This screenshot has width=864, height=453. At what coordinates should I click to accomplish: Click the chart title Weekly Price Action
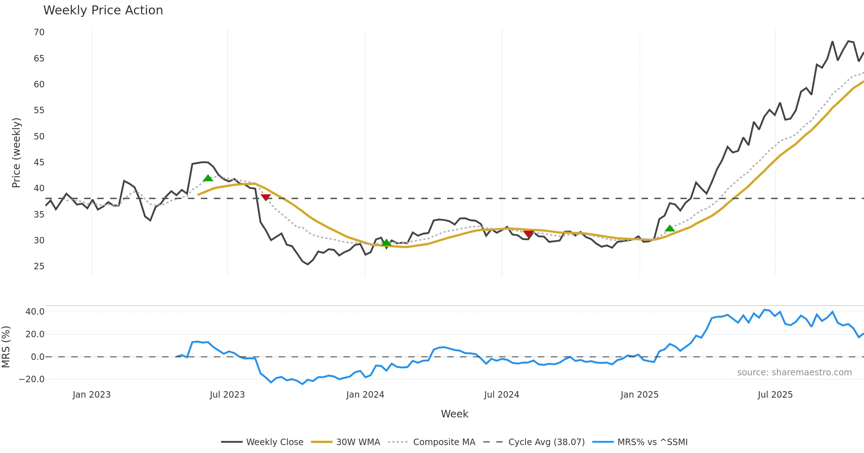[103, 10]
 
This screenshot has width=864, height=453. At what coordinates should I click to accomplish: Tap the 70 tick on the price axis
[39, 32]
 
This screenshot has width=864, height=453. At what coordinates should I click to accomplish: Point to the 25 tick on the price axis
[39, 266]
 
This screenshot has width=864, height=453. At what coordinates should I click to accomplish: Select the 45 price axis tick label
[39, 163]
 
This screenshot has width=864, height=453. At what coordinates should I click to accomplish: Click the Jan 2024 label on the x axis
[365, 395]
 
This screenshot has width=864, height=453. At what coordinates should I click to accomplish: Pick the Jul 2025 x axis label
[775, 395]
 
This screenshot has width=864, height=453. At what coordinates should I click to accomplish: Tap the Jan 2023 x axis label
[91, 395]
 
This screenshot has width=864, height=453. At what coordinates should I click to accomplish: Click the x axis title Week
[454, 414]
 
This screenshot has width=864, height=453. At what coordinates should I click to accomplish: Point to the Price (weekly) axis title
[17, 153]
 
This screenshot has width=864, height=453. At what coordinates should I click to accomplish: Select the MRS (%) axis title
[6, 347]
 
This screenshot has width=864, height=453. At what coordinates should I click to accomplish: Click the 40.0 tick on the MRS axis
[35, 312]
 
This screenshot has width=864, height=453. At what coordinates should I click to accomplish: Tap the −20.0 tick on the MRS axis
[32, 379]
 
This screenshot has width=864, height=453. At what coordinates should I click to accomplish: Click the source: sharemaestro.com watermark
[794, 372]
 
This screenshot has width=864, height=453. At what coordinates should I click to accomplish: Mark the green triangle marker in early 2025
[670, 228]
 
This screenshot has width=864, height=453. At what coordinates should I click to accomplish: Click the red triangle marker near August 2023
[266, 197]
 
